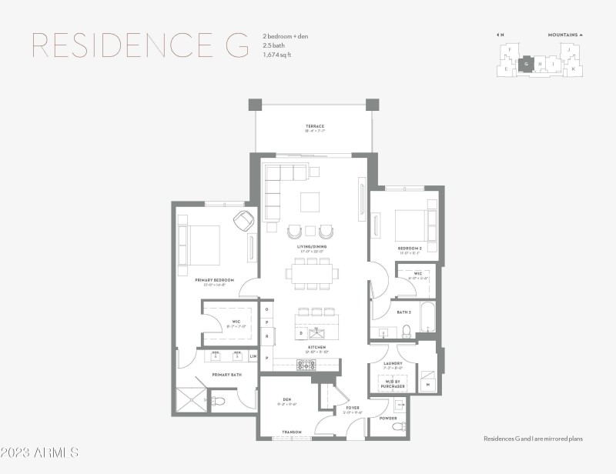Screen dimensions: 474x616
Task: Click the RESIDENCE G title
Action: point(140,45)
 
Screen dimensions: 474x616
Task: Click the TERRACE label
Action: point(314,126)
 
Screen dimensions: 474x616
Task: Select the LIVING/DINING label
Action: point(314,247)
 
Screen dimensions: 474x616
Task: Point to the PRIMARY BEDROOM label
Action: point(214,280)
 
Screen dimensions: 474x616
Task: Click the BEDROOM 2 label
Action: point(408,249)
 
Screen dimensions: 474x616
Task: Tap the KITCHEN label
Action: point(316,347)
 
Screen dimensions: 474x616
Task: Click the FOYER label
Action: point(353,408)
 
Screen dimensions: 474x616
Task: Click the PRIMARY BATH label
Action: point(227,375)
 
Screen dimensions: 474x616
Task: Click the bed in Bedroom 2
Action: point(410,225)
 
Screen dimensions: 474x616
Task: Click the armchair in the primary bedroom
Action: point(244,220)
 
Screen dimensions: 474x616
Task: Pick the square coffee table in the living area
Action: point(310,202)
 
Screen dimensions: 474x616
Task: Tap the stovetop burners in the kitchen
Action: point(307,365)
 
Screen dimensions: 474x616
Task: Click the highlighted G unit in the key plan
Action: point(526,64)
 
